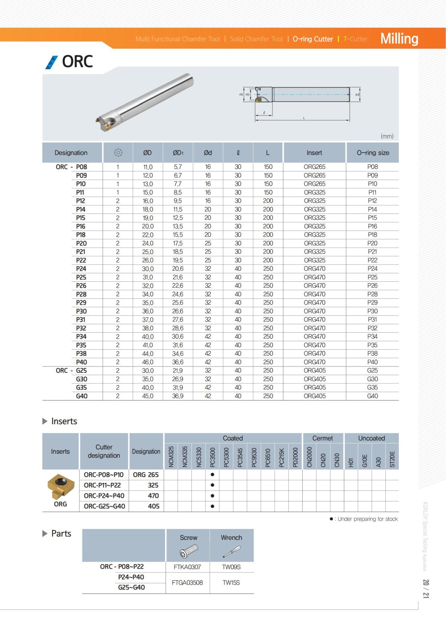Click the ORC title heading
pyautogui.click(x=77, y=61)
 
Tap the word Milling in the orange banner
pyautogui.click(x=399, y=39)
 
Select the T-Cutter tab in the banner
pyautogui.click(x=355, y=39)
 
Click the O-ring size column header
pyautogui.click(x=373, y=153)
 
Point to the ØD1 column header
pyautogui.click(x=178, y=153)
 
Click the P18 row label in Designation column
pyautogui.click(x=81, y=235)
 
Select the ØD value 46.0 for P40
pyautogui.click(x=148, y=362)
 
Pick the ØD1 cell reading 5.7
pyautogui.click(x=178, y=167)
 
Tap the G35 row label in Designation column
pyautogui.click(x=81, y=387)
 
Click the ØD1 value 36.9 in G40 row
pyautogui.click(x=178, y=396)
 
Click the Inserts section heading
pyautogui.click(x=64, y=421)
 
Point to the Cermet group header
pyautogui.click(x=323, y=438)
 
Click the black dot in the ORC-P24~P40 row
pyautogui.click(x=212, y=496)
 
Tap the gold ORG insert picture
pyautogui.click(x=60, y=486)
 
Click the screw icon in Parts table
pyautogui.click(x=188, y=551)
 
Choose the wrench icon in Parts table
pyautogui.click(x=231, y=552)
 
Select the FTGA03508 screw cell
pyautogui.click(x=187, y=582)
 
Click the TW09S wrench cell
pyautogui.click(x=231, y=567)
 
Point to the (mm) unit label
pyautogui.click(x=387, y=136)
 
